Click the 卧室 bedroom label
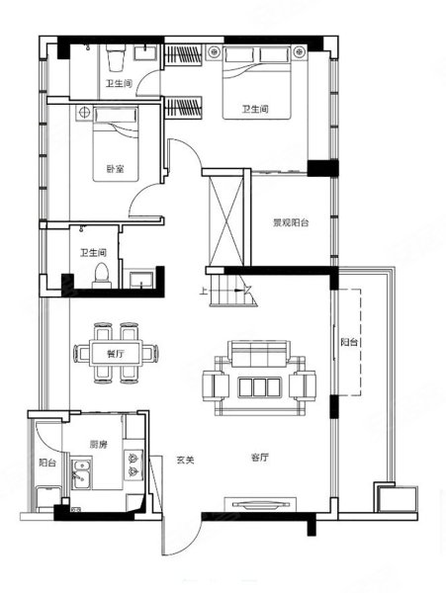[x=116, y=168]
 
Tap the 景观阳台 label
[x=291, y=223]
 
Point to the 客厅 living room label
[x=261, y=458]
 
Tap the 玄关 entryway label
[x=185, y=459]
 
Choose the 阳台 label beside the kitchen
[x=46, y=462]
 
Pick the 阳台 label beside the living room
[x=348, y=342]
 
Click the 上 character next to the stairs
[x=204, y=291]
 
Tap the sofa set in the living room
[x=257, y=381]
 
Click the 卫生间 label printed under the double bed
[x=254, y=111]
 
